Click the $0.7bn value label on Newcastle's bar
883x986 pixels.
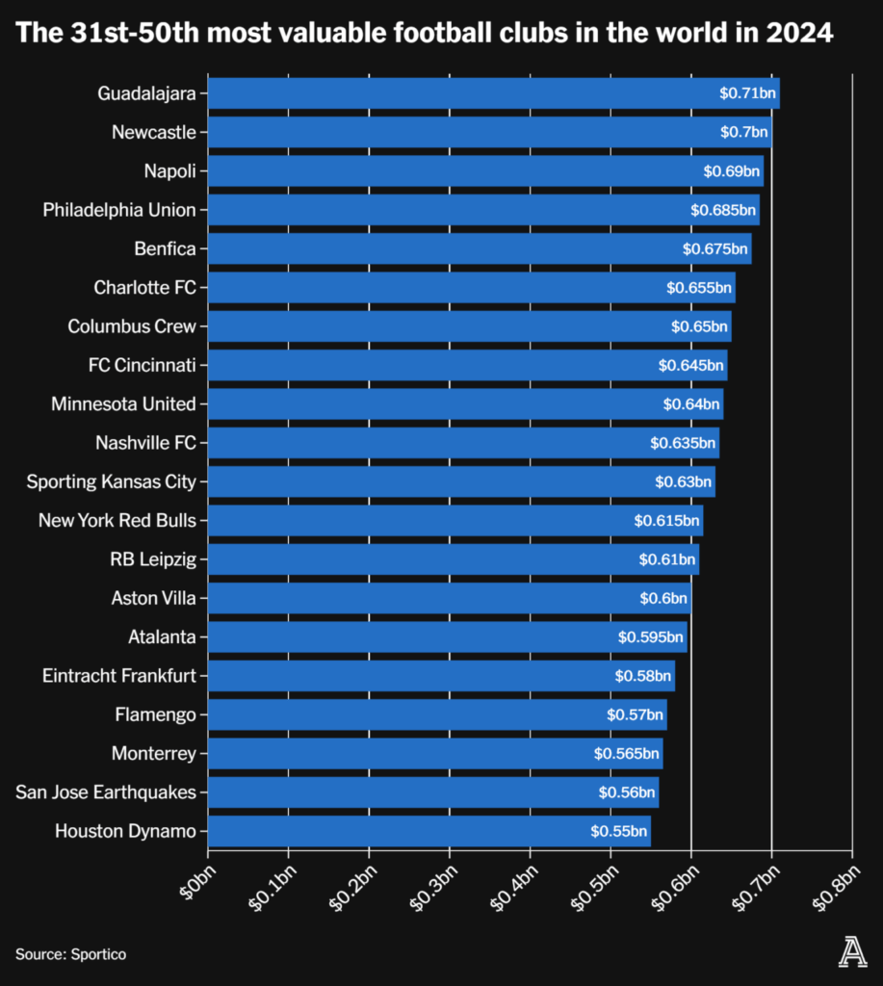(744, 132)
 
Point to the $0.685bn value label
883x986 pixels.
(722, 210)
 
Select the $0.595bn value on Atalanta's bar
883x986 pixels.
(650, 637)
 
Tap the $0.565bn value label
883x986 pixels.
(626, 753)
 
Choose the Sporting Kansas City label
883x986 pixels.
(111, 481)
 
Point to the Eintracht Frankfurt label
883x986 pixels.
(119, 676)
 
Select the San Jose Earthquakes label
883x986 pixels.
(106, 792)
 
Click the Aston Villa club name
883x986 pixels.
(153, 598)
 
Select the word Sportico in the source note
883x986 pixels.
(97, 954)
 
